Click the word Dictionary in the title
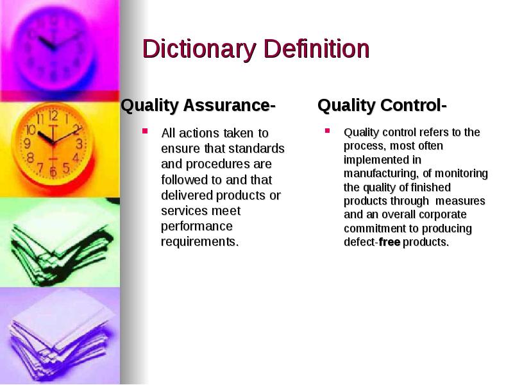coord(199,49)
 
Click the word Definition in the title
coord(317,49)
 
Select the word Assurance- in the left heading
coord(230,105)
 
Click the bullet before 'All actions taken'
coord(145,132)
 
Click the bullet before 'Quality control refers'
coord(327,130)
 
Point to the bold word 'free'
coord(390,242)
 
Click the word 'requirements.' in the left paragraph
coord(200,242)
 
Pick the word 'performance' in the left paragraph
coord(197,227)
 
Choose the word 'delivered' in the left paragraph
coord(187,195)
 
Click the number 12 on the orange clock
coord(53,116)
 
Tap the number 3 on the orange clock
coord(79,144)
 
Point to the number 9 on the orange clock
coord(27,143)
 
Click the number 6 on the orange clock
coord(53,171)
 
